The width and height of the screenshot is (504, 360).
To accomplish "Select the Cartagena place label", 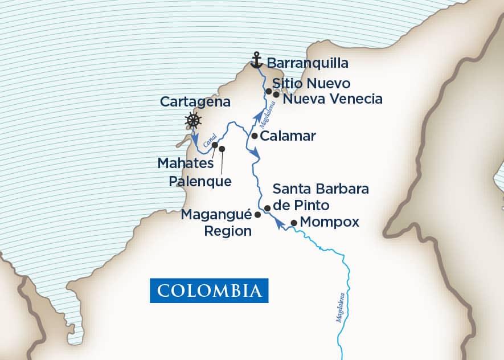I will pyautogui.click(x=195, y=102).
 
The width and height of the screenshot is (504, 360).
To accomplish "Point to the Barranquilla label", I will pyautogui.click(x=308, y=62).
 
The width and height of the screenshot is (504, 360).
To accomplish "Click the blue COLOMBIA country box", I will pyautogui.click(x=209, y=290).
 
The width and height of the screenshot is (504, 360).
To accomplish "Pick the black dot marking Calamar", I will pyautogui.click(x=255, y=137).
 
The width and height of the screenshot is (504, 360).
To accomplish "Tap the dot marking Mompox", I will pyautogui.click(x=294, y=223).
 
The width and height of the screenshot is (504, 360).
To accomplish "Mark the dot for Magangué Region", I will pyautogui.click(x=257, y=215).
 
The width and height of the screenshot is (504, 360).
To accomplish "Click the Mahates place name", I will pyautogui.click(x=185, y=164).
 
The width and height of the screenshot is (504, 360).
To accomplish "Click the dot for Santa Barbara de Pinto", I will pyautogui.click(x=267, y=209).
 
